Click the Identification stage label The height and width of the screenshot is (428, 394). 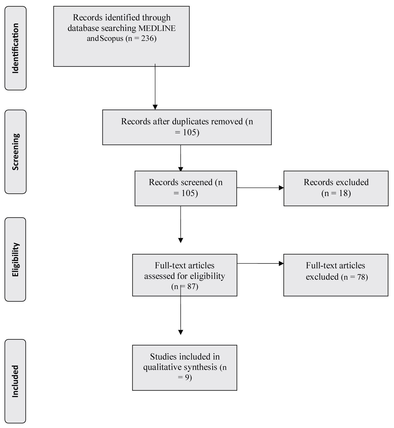tap(15, 48)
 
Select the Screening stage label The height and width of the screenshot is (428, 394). tap(15, 152)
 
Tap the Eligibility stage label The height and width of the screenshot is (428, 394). tap(15, 259)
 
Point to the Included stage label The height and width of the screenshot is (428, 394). tap(15, 381)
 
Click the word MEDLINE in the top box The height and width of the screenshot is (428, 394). tap(157, 28)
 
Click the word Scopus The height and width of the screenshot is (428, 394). tap(111, 39)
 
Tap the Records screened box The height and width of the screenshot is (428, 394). tap(186, 188)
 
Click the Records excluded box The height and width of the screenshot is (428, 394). tap(336, 188)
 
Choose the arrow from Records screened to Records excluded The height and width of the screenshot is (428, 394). tap(260, 188)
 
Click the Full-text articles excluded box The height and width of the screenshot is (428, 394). tap(336, 275)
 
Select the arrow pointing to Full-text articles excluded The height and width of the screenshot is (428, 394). tap(260, 263)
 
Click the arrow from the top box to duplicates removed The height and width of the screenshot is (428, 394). tap(155, 87)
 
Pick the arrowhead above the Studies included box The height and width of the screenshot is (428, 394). tap(180, 332)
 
